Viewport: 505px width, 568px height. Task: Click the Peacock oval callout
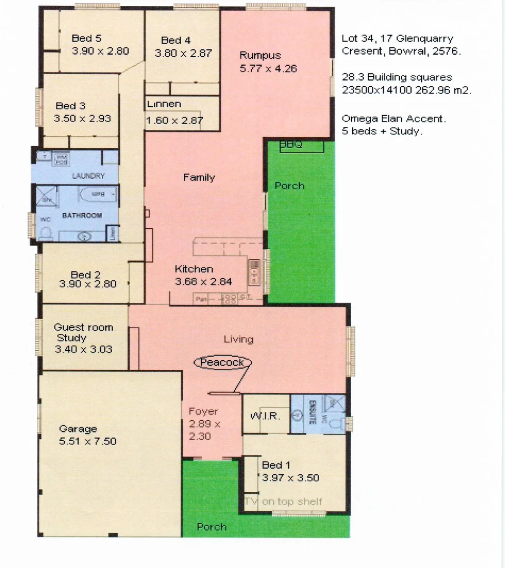coord(222,362)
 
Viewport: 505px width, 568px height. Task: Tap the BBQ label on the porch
coord(291,144)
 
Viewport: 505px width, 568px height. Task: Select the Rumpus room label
coord(260,55)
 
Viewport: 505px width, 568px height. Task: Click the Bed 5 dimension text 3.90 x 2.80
coord(100,51)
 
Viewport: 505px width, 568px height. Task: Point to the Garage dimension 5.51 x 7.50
coord(88,441)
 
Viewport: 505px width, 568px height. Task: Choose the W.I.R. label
coord(265,416)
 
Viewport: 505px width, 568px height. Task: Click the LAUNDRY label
coord(88,176)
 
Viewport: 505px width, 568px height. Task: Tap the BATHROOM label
coord(82,216)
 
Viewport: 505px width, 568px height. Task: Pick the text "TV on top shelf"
coord(283,501)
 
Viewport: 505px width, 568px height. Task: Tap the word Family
coord(199,178)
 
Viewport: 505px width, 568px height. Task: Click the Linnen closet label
coord(164,104)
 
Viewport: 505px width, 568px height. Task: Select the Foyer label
coord(203,412)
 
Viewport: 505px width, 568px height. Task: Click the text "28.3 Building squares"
coord(397,77)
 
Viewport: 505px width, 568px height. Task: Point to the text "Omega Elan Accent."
coord(394,119)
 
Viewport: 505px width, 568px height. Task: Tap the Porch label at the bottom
coord(212,526)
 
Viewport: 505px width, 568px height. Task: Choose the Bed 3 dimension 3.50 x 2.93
coord(82,118)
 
